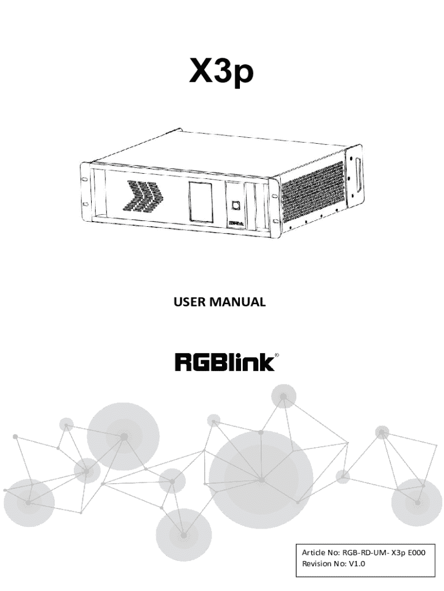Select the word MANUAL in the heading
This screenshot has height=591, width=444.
(243, 302)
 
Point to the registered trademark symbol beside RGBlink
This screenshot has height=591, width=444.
(277, 355)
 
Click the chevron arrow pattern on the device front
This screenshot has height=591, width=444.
(142, 196)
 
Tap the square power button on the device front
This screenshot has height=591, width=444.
(235, 204)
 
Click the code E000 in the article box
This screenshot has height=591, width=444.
(414, 553)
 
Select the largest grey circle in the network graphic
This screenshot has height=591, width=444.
(261, 479)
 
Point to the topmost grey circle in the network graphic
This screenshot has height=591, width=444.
(283, 397)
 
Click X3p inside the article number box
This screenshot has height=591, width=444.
(395, 553)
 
